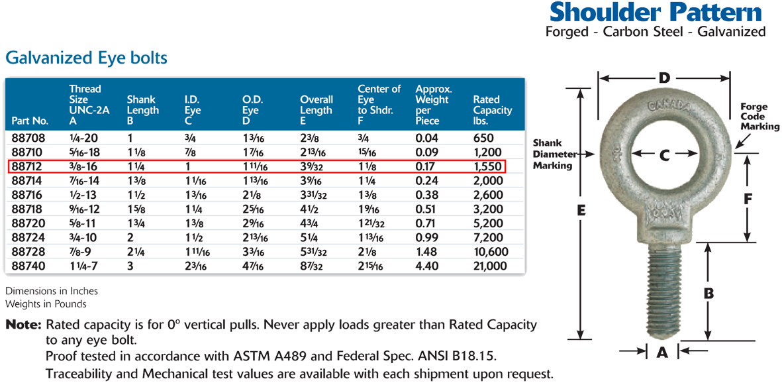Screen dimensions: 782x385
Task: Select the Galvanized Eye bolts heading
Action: (86, 58)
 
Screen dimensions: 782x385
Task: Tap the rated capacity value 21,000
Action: (490, 266)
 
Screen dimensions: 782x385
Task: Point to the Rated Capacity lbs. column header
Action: (492, 110)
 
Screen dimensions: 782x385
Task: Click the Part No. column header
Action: (29, 121)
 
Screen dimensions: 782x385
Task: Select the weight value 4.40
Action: (427, 266)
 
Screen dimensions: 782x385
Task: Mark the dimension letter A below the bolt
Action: (661, 352)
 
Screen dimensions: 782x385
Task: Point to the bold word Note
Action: (23, 325)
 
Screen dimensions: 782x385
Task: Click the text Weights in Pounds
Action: (46, 303)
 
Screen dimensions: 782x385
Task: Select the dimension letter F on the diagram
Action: (747, 199)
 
